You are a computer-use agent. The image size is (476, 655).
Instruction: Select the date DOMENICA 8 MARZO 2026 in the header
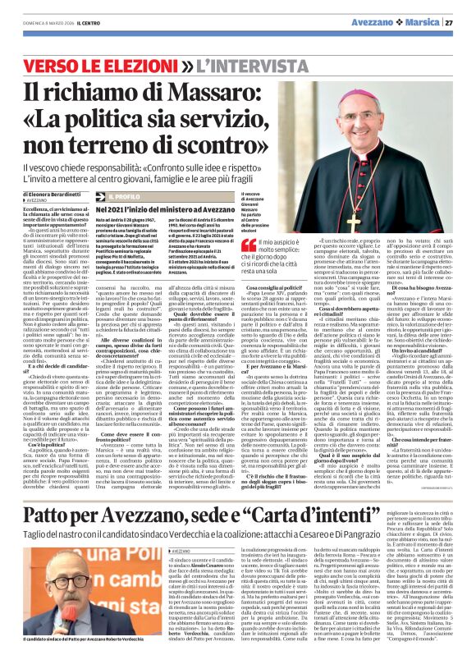tap(39, 23)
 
